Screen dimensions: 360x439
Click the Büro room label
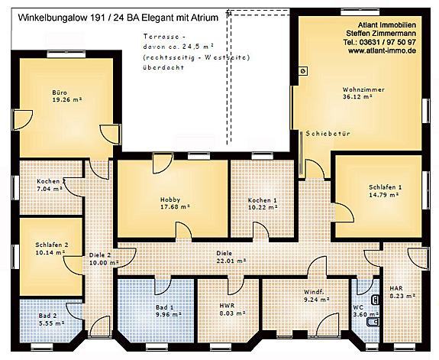point(60,91)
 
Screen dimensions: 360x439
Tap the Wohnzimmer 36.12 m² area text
point(363,97)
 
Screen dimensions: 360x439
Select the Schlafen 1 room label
point(384,186)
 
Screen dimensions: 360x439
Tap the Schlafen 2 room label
point(52,245)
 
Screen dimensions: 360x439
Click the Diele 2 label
point(100,255)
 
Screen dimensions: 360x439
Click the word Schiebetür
point(327,133)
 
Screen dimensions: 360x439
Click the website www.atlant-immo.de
point(379,50)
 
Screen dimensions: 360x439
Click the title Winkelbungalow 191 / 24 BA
point(84,15)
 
